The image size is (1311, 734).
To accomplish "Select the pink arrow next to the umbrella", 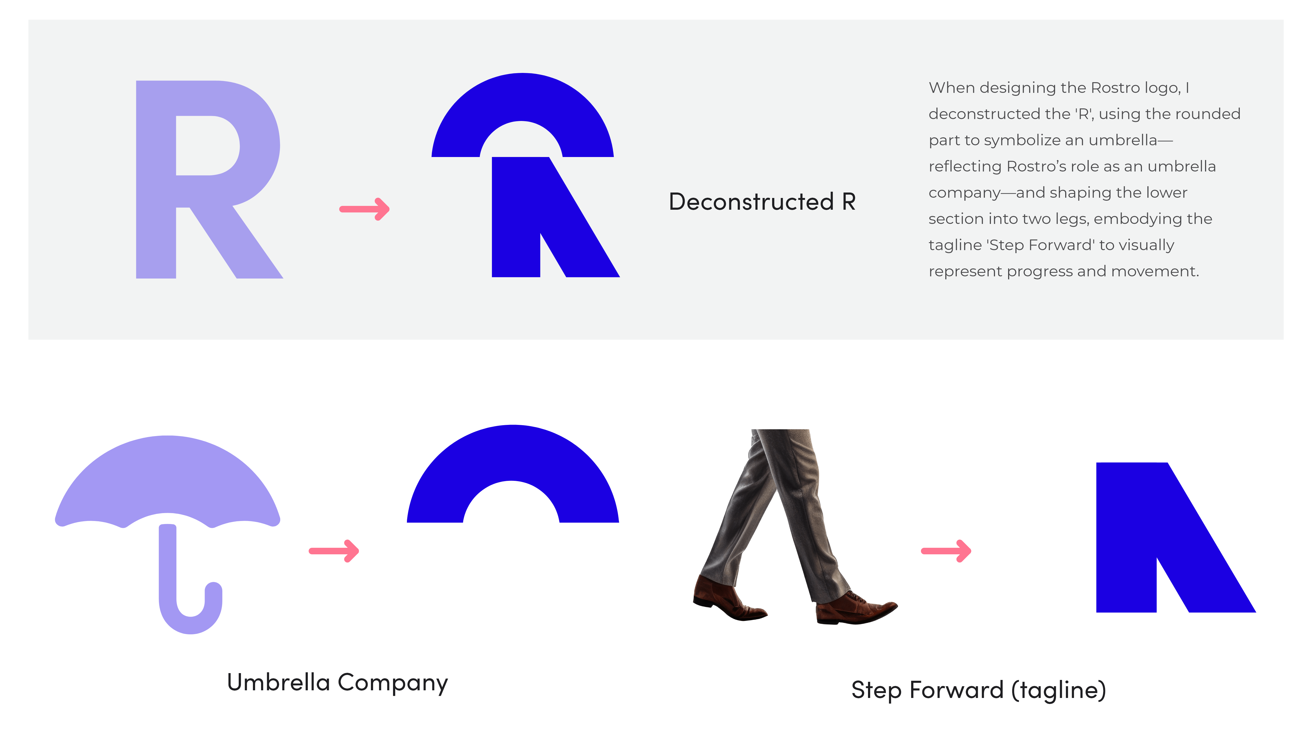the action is coord(334,551).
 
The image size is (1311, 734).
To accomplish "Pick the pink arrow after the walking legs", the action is coord(946,551).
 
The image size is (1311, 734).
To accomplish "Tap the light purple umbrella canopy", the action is coord(168,478).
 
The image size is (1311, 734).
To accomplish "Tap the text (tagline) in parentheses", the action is coord(1059,690).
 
